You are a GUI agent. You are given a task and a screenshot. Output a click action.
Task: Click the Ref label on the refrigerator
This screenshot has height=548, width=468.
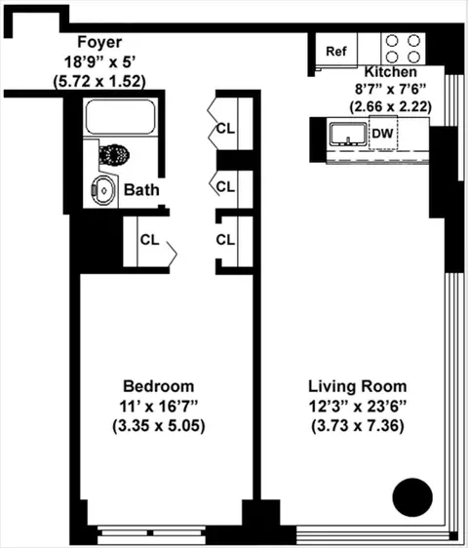pyautogui.click(x=336, y=51)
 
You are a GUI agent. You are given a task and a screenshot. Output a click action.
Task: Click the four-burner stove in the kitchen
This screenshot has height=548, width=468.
pyautogui.click(x=404, y=49)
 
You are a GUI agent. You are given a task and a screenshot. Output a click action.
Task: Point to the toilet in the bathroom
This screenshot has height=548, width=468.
pyautogui.click(x=115, y=154)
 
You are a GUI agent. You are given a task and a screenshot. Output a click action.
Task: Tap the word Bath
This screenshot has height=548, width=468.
pyautogui.click(x=141, y=190)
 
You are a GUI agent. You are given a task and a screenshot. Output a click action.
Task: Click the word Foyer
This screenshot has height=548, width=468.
pyautogui.click(x=98, y=42)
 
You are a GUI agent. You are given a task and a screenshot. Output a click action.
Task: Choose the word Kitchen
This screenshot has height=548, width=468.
pyautogui.click(x=391, y=73)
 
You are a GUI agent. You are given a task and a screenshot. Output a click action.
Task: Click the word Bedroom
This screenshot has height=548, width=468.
pyautogui.click(x=157, y=385)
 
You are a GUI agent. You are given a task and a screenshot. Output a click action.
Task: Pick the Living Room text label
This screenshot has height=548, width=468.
pyautogui.click(x=358, y=385)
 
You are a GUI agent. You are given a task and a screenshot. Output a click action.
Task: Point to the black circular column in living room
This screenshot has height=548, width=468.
pyautogui.click(x=411, y=498)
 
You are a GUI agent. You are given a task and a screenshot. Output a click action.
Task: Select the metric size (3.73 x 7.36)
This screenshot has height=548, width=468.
pyautogui.click(x=358, y=426)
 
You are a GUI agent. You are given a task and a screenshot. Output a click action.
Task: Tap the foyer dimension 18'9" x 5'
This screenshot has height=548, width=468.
pyautogui.click(x=98, y=61)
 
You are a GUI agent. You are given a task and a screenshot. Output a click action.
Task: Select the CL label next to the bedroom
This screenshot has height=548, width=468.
pyautogui.click(x=149, y=239)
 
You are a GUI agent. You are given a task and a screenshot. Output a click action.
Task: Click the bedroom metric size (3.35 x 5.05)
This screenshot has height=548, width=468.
pyautogui.click(x=157, y=426)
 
